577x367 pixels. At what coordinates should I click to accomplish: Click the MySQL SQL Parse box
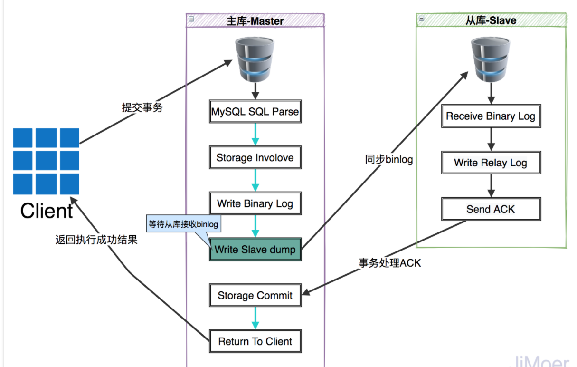pyautogui.click(x=255, y=111)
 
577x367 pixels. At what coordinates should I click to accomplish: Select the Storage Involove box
pyautogui.click(x=255, y=157)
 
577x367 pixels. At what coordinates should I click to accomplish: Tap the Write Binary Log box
pyautogui.click(x=255, y=203)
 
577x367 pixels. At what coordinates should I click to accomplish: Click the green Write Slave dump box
pyautogui.click(x=255, y=250)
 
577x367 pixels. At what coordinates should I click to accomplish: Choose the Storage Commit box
pyautogui.click(x=255, y=295)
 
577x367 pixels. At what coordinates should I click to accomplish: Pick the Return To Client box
pyautogui.click(x=255, y=341)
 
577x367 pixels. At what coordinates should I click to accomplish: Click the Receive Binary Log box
pyautogui.click(x=491, y=116)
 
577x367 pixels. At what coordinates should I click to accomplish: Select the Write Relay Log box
pyautogui.click(x=491, y=163)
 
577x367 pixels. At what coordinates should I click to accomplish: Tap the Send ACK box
pyautogui.click(x=491, y=209)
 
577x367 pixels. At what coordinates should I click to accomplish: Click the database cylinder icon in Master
pyautogui.click(x=255, y=59)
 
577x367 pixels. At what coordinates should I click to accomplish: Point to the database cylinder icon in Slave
pyautogui.click(x=491, y=59)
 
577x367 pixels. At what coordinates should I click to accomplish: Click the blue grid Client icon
pyautogui.click(x=46, y=161)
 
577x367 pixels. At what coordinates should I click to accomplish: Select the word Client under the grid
pyautogui.click(x=47, y=211)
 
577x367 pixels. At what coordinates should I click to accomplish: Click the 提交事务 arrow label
pyautogui.click(x=142, y=107)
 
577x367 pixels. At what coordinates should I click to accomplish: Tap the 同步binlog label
pyautogui.click(x=389, y=159)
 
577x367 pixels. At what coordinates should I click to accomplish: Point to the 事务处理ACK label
pyautogui.click(x=390, y=263)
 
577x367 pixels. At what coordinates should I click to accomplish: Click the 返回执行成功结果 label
pyautogui.click(x=96, y=240)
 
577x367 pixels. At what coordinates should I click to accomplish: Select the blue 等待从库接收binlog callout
pyautogui.click(x=183, y=224)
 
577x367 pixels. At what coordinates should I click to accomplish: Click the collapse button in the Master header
pyautogui.click(x=191, y=19)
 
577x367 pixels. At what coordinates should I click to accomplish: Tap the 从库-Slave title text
pyautogui.click(x=491, y=20)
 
